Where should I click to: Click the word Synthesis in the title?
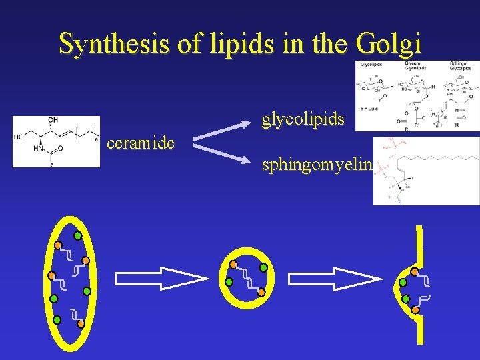[x=107, y=44]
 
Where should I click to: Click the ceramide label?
[x=141, y=143]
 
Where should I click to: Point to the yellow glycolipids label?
[x=303, y=119]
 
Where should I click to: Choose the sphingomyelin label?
[x=316, y=165]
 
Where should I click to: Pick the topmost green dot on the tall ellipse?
[x=77, y=235]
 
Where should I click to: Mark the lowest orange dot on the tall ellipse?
[x=81, y=323]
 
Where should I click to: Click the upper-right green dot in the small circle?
[x=263, y=267]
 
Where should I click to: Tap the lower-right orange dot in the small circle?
[x=261, y=292]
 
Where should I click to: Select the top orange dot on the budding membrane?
[x=415, y=272]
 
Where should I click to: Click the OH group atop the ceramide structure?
[x=53, y=120]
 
